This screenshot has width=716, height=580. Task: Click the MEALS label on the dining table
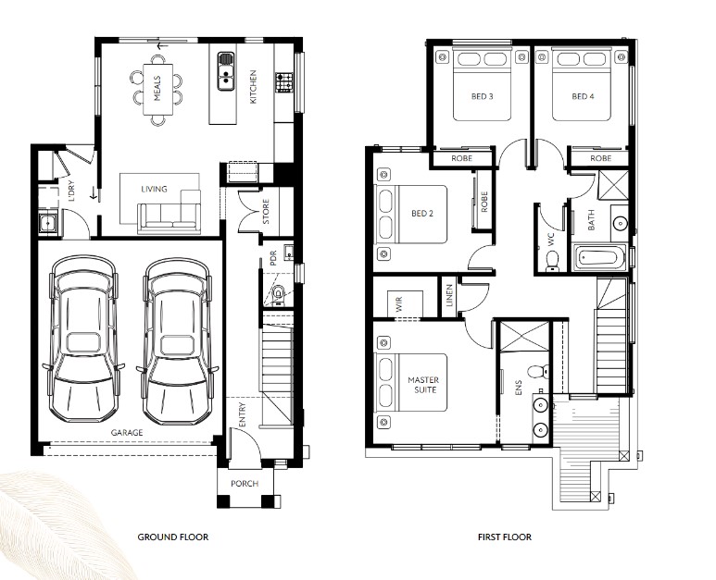[157, 89]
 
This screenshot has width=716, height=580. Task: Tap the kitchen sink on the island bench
[226, 71]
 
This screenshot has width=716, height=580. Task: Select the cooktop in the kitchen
[283, 82]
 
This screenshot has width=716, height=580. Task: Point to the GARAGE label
[127, 432]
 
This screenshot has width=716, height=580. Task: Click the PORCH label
[245, 483]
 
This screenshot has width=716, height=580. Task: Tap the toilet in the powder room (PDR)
[278, 294]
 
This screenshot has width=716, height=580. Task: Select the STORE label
[266, 212]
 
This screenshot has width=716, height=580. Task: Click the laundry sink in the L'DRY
[47, 223]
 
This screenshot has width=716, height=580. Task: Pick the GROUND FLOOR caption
[173, 537]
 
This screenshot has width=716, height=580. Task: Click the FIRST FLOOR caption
[505, 537]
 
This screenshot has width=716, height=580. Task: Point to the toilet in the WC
[553, 263]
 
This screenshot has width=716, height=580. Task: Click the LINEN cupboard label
[449, 295]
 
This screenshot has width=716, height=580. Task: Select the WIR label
[399, 304]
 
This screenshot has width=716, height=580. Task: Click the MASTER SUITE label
[424, 385]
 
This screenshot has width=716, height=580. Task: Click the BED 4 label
[583, 96]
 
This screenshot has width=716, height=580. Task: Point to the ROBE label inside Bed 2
[484, 202]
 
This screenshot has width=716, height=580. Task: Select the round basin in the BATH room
[620, 223]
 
